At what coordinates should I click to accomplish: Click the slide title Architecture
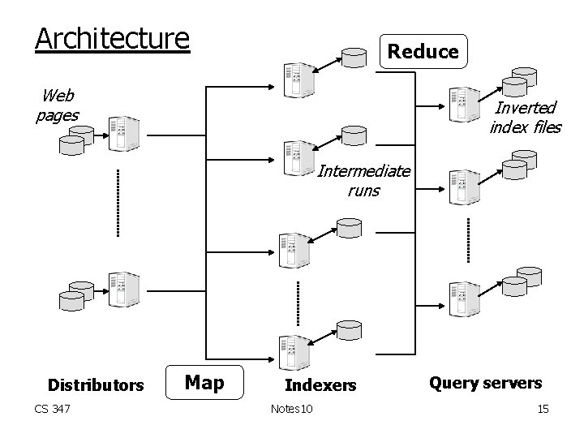tap(112, 38)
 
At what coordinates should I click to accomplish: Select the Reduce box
tap(423, 52)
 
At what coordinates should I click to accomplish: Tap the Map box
tap(204, 381)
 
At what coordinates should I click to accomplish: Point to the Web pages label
tap(58, 105)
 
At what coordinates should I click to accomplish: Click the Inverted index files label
tap(525, 117)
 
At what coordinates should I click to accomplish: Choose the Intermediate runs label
tap(363, 181)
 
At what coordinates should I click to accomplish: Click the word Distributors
tap(96, 384)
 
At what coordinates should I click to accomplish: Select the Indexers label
tap(320, 385)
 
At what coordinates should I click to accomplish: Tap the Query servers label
tap(485, 382)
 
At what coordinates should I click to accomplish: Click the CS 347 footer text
tap(52, 409)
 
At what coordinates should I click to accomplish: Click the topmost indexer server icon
tap(294, 80)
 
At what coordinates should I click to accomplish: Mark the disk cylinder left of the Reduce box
tap(354, 58)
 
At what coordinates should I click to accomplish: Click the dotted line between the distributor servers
tap(118, 203)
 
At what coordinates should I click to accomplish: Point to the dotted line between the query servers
tap(468, 239)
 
